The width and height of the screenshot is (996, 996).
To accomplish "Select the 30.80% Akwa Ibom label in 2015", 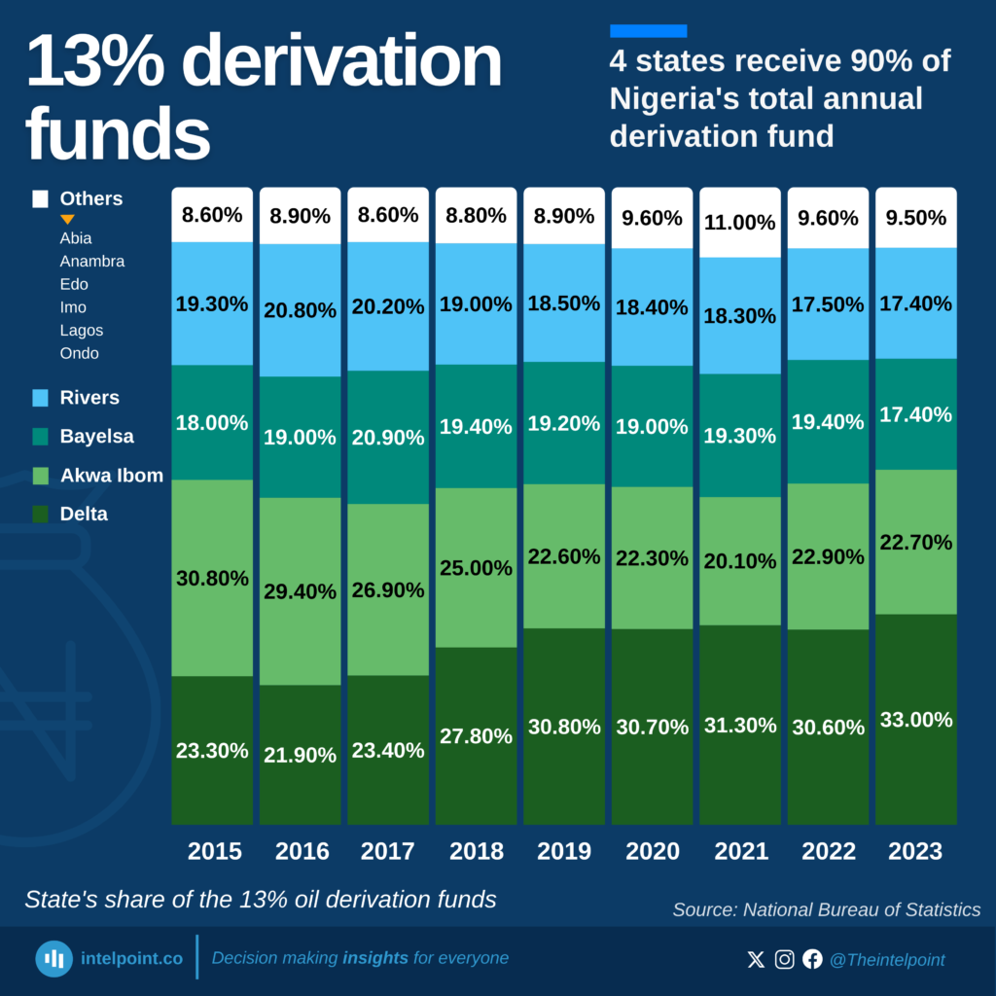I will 212,578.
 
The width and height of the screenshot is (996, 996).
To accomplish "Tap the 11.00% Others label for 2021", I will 739,223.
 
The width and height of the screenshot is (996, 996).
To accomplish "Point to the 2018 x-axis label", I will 476,851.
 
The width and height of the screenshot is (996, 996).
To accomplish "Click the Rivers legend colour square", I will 40,398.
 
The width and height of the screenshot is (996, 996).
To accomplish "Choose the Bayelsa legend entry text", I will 96,437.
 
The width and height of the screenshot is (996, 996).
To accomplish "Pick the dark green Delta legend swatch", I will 40,515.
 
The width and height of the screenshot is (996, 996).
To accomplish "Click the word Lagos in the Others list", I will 81,331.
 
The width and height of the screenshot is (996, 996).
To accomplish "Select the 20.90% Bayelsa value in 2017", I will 387,438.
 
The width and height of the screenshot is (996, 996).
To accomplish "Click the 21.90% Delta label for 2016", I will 300,755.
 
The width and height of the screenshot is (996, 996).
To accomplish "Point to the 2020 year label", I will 652,851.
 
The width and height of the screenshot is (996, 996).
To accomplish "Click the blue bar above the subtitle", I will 648,31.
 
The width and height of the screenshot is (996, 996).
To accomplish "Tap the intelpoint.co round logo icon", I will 54,959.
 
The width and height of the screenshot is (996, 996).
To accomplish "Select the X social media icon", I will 756,960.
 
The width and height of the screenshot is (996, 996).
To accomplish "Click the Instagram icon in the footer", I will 784,960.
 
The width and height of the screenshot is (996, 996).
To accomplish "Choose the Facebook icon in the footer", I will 812,960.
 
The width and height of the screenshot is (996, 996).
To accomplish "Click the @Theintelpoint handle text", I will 886,960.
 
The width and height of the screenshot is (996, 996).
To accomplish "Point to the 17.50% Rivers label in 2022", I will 827,304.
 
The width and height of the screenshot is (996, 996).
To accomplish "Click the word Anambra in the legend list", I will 91,261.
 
